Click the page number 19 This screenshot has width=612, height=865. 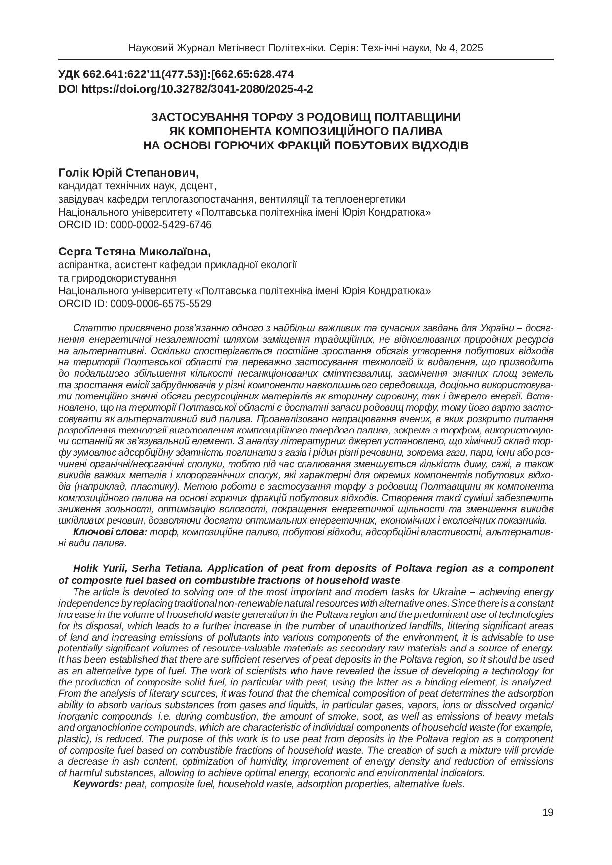(548, 813)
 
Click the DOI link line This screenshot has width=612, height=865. (186, 89)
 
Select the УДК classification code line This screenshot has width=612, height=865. (176, 75)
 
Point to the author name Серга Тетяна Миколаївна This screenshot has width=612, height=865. (134, 252)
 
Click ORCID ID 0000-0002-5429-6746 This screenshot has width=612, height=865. (135, 225)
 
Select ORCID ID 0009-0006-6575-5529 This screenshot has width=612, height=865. (135, 304)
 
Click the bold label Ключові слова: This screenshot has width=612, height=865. (110, 532)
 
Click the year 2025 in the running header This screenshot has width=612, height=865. (473, 48)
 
